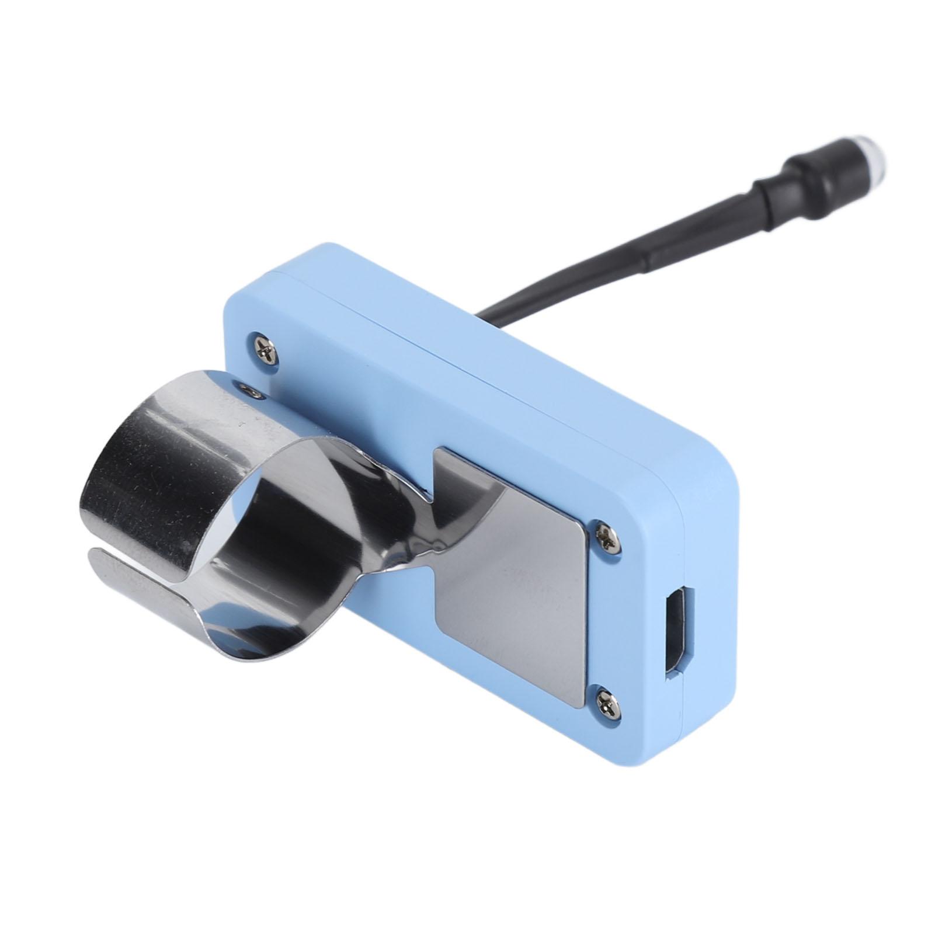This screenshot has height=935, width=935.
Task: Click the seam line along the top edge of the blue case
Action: point(467,362)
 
